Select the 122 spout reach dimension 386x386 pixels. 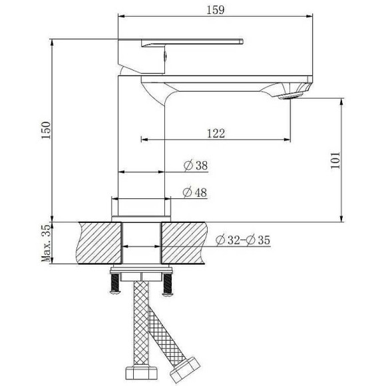[215, 133]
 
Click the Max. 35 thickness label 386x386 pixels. [46, 244]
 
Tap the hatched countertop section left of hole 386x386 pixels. [100, 243]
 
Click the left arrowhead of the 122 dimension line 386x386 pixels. [142, 140]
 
